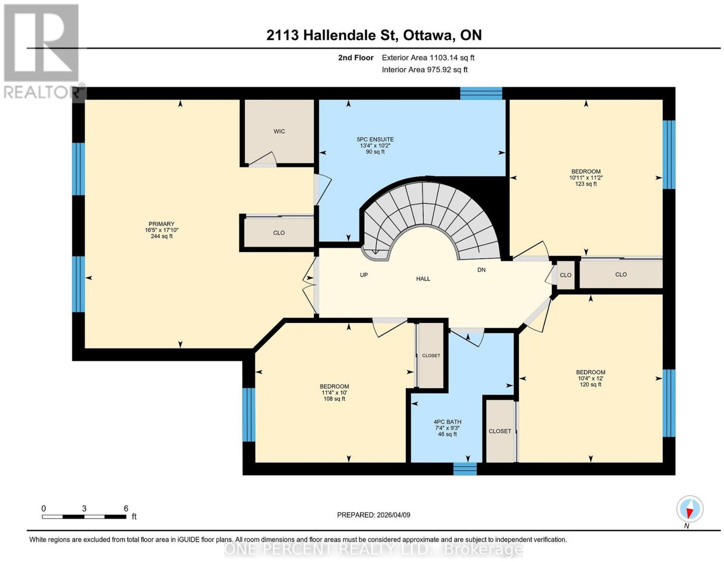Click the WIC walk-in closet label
pos(279,132)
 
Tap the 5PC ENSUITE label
pos(375,139)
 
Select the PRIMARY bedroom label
pos(162,224)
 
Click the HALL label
pos(423,279)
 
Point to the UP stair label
pos(364,275)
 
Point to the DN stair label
pos(481,270)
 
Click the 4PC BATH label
pos(447,422)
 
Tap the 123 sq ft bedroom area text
pos(586,184)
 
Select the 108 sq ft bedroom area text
pos(334,399)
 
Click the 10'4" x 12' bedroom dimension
pos(591,378)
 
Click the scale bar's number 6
pos(126,509)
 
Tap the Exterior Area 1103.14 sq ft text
pos(428,57)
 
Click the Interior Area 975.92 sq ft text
pos(424,70)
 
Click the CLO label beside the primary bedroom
pos(279,233)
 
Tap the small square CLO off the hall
pos(566,275)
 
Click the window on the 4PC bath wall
pos(465,469)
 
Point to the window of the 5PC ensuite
pos(481,94)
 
